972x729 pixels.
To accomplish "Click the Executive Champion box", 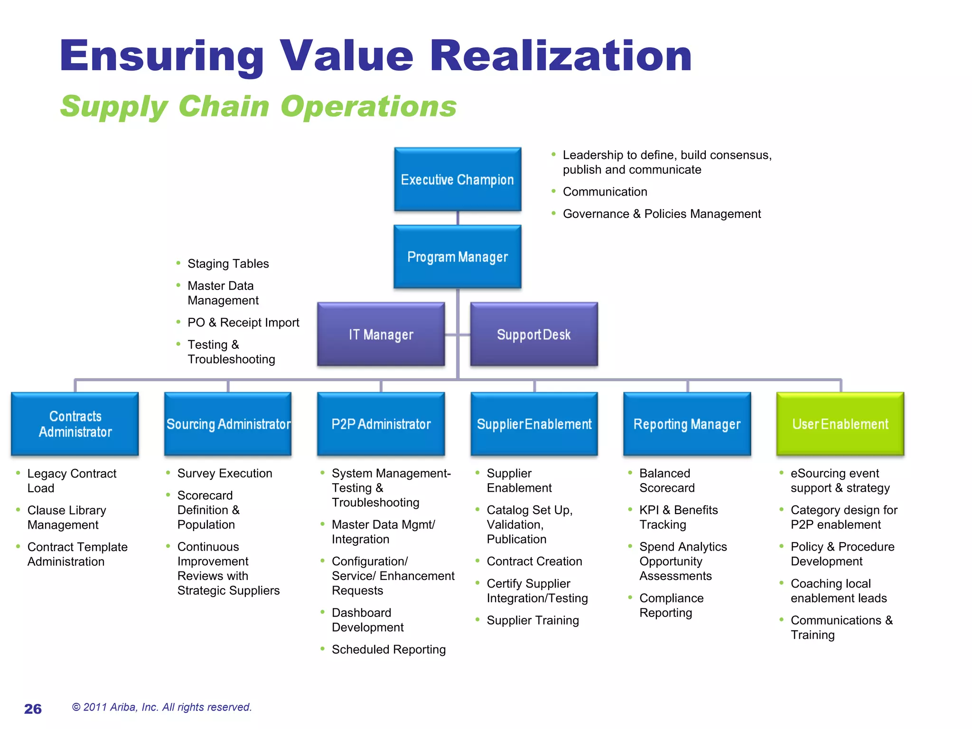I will point(458,179).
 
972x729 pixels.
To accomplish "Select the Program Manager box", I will point(458,257).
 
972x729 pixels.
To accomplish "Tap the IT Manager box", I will point(381,334).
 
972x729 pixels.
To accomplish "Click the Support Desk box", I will point(534,334).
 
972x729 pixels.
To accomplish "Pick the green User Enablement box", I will point(840,424).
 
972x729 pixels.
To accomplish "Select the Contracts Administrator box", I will point(75,424).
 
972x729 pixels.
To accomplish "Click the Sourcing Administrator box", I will point(228,424).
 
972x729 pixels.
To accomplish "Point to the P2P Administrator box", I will point(381,424).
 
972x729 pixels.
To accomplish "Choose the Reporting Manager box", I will point(687,424).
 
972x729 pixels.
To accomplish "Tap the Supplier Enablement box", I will point(534,424).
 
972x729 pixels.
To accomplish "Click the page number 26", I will point(33,709).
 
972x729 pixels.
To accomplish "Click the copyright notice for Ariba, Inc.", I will point(161,707).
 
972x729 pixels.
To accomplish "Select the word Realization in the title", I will point(561,56).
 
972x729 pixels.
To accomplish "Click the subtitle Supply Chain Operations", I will point(258,106).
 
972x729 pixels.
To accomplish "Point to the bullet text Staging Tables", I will point(228,263).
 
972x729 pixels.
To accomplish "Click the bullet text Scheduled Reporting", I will point(388,649).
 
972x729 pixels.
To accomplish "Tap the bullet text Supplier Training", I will point(533,620).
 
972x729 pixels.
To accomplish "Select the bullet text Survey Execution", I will point(224,473).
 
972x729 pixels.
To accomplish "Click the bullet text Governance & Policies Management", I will point(662,214).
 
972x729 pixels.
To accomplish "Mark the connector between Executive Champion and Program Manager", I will point(458,218).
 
